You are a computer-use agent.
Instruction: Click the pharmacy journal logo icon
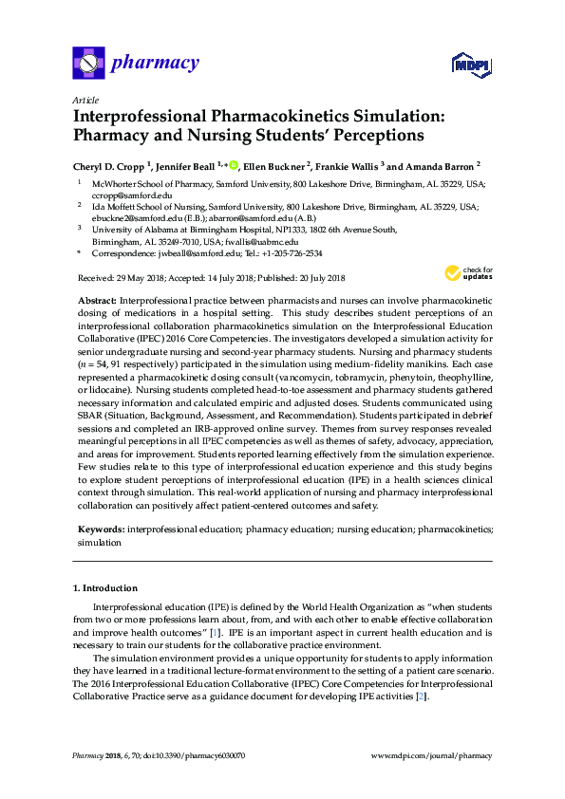click(x=88, y=65)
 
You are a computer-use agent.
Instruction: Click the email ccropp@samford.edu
click(x=119, y=193)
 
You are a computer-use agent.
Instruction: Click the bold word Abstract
click(x=96, y=299)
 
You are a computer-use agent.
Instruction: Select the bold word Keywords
click(x=100, y=527)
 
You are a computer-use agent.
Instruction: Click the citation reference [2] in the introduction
click(x=422, y=697)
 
